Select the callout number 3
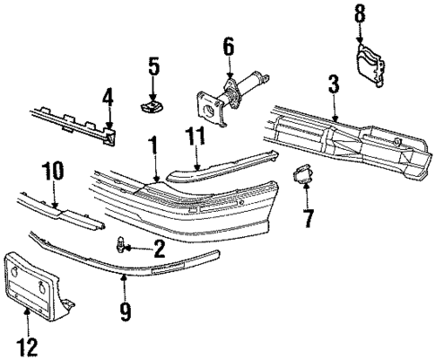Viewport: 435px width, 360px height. point(333,87)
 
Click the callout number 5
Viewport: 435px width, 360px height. point(153,66)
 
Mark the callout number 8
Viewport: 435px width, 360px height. point(361,13)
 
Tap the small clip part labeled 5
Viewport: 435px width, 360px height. point(153,106)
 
